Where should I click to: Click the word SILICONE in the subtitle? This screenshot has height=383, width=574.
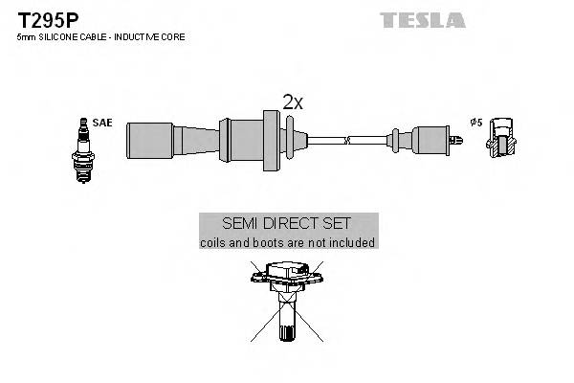pos(54,36)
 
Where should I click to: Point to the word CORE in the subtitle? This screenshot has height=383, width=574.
pos(173,36)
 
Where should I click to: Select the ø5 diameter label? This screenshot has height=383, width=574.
pos(475,123)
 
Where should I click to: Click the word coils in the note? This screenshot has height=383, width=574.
pos(213,243)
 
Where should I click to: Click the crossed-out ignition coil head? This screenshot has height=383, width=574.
pos(286,280)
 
